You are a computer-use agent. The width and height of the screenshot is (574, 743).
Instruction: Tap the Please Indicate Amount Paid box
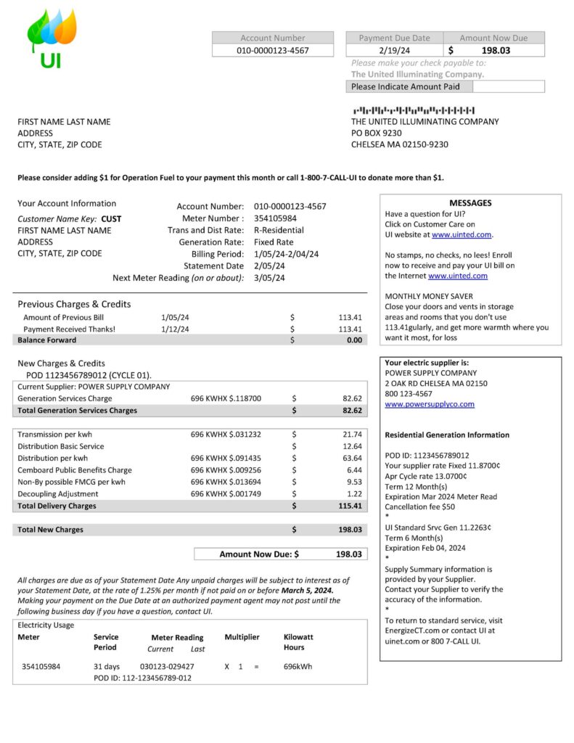[508, 86]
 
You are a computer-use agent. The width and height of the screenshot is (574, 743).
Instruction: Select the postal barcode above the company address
[414, 110]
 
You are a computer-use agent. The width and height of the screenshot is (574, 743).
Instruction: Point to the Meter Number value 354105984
[275, 218]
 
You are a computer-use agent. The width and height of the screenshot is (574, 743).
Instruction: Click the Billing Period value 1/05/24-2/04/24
[286, 254]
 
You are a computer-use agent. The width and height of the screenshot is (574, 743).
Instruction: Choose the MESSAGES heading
[470, 203]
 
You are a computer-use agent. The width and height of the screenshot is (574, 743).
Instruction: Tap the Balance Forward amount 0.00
[354, 340]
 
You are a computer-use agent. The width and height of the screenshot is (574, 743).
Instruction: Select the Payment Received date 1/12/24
[175, 329]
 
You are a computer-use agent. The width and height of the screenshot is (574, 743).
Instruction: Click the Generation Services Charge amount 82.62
[352, 398]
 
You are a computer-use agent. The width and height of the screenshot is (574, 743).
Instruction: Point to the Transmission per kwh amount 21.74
[352, 434]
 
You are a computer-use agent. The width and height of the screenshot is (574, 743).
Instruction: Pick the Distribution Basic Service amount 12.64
[352, 446]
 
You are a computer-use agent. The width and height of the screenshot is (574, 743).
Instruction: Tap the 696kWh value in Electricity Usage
[298, 666]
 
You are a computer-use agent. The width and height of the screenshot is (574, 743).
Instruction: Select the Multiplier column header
[242, 637]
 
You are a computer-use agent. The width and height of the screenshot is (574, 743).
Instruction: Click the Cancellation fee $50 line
[419, 506]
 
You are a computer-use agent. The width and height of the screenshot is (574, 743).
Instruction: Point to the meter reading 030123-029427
[167, 666]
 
